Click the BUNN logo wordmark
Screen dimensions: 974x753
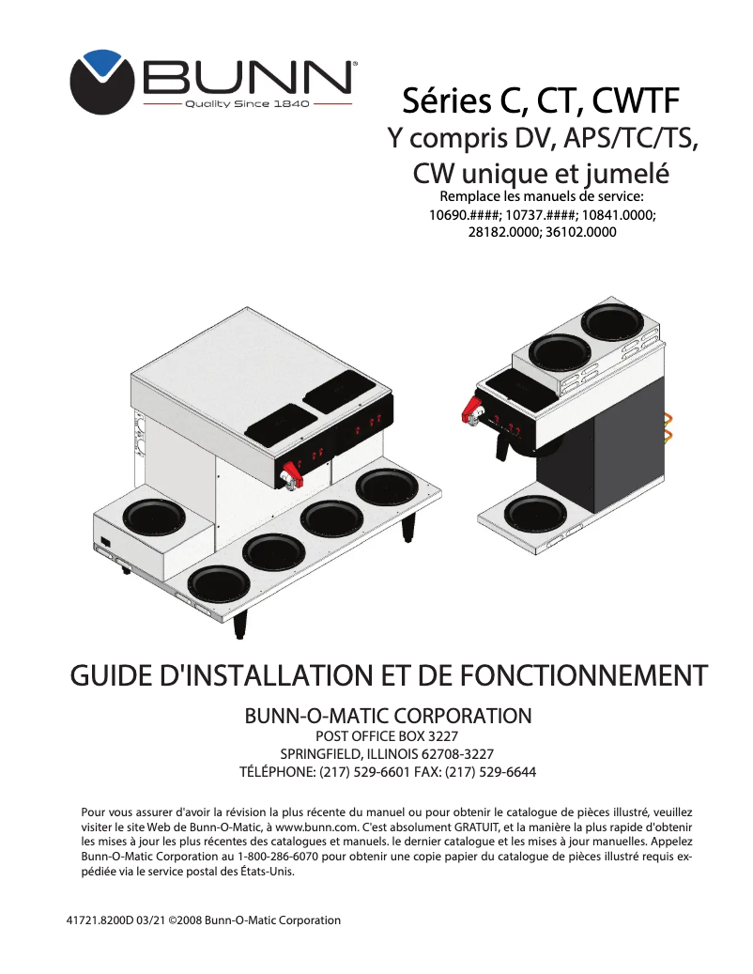coord(248,76)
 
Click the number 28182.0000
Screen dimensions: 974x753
coord(503,231)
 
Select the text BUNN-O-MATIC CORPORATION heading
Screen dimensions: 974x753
coord(388,717)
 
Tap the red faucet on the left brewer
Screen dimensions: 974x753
coord(292,472)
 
